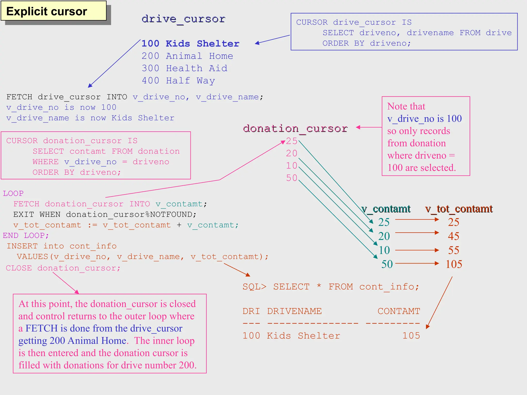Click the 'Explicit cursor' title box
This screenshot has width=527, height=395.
click(53, 11)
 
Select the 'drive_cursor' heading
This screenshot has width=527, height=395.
click(183, 19)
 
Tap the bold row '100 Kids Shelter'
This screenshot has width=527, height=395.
click(190, 43)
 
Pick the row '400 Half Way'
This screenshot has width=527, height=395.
click(178, 80)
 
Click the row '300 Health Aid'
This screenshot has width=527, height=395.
click(185, 68)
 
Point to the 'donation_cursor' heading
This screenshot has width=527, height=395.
click(295, 128)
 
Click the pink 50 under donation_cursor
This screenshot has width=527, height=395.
click(292, 178)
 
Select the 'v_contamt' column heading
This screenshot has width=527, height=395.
click(386, 209)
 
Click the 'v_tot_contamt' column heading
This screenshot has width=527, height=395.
click(459, 209)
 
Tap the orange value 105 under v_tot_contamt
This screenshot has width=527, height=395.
click(454, 264)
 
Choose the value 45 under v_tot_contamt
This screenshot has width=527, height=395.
click(453, 236)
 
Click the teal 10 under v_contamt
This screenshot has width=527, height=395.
click(384, 250)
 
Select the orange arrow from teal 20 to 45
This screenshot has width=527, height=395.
click(417, 232)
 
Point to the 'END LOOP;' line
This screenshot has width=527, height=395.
click(26, 235)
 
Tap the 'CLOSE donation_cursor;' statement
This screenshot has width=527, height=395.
click(63, 268)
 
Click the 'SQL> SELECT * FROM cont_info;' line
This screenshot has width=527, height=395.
click(331, 286)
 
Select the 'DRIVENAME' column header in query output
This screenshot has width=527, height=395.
click(294, 311)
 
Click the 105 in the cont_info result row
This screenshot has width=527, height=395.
click(411, 336)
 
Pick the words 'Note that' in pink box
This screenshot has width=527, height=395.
click(406, 106)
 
